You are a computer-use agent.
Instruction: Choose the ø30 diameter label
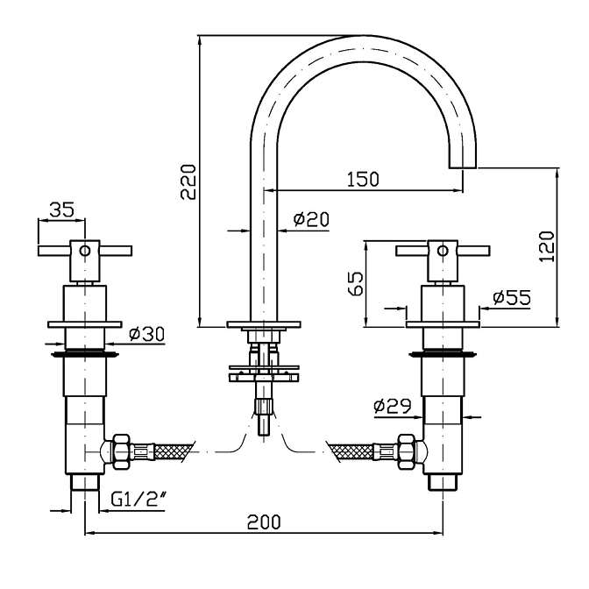click(x=145, y=334)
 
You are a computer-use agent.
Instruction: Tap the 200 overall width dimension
click(x=263, y=522)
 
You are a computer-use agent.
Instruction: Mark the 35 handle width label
click(x=62, y=209)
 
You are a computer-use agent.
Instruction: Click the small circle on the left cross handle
click(x=84, y=251)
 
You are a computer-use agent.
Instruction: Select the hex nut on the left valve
click(x=120, y=451)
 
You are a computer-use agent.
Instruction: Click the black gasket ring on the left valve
click(x=84, y=355)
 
